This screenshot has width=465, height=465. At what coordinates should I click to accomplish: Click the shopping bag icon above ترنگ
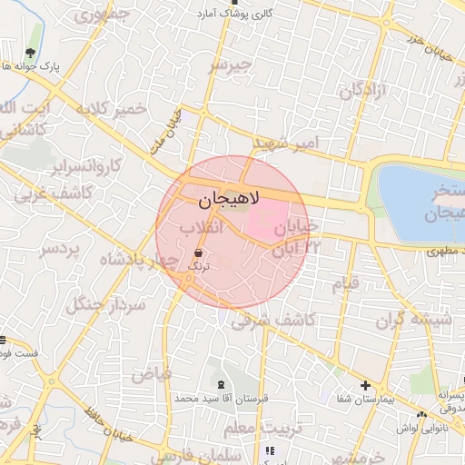[x=198, y=252]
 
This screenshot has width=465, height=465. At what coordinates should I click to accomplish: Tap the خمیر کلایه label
[x=113, y=110]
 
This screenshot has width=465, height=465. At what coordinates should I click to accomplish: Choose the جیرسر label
[x=228, y=65]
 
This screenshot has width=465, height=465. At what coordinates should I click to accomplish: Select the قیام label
[x=345, y=283]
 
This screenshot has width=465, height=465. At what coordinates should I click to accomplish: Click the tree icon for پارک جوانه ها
[x=33, y=53]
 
